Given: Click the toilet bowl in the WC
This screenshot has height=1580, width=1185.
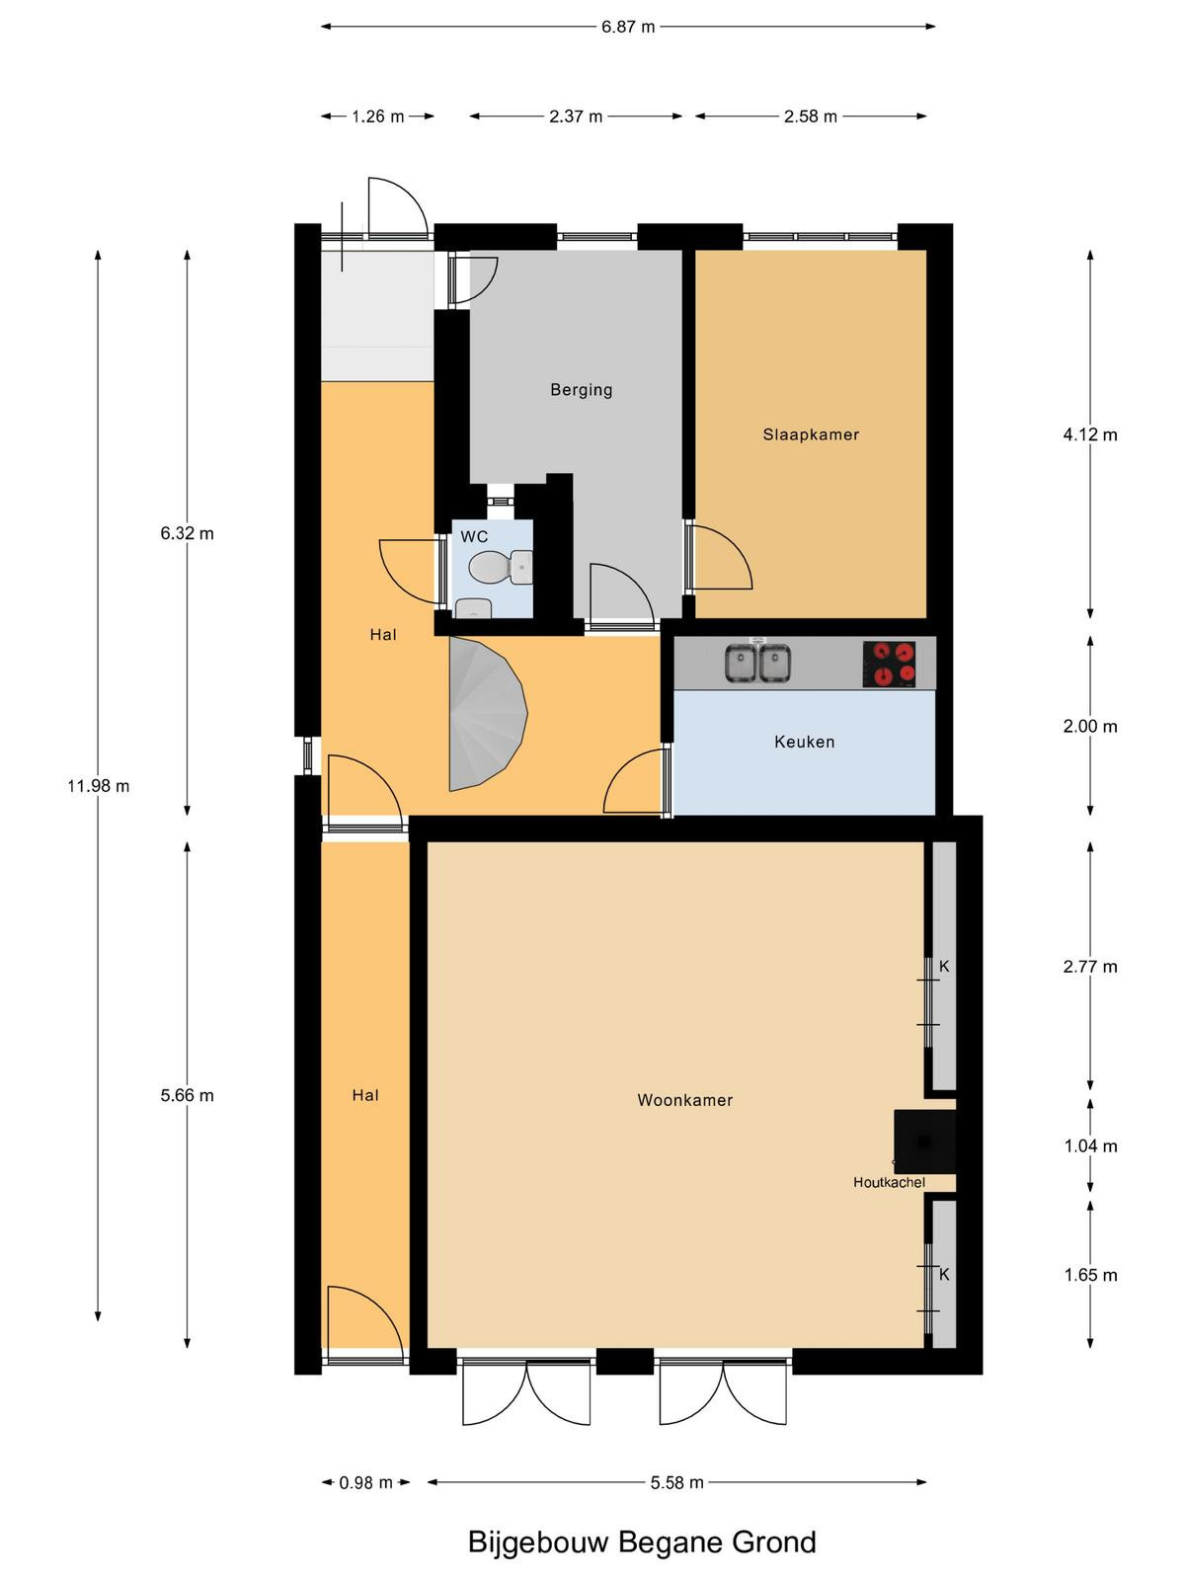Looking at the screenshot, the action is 500,567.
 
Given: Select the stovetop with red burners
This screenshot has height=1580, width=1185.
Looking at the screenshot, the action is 889,664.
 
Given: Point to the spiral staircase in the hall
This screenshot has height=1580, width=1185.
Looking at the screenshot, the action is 486,714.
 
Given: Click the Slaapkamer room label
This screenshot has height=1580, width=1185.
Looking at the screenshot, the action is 811,434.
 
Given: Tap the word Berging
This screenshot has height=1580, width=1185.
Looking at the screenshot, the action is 582,390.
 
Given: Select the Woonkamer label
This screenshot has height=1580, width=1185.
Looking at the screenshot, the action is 685,1100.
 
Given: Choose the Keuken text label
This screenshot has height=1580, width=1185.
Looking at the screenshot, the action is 805,742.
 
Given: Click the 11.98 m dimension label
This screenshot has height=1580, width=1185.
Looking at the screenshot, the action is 99,786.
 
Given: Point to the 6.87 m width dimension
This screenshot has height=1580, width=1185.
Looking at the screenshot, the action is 628,27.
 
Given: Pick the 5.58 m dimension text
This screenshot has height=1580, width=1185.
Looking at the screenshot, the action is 677,1482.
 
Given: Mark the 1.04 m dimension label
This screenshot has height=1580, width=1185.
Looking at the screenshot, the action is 1091,1145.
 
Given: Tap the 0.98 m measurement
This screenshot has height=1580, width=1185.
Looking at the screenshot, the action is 366,1482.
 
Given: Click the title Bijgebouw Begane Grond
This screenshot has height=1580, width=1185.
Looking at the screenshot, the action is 642,1541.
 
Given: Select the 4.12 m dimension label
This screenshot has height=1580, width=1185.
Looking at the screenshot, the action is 1091,434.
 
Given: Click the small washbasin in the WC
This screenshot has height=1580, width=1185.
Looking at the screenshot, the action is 473,608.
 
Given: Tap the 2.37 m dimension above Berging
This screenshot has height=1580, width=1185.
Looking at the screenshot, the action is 576,116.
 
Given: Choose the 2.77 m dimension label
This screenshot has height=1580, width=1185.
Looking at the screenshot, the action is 1091,967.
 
